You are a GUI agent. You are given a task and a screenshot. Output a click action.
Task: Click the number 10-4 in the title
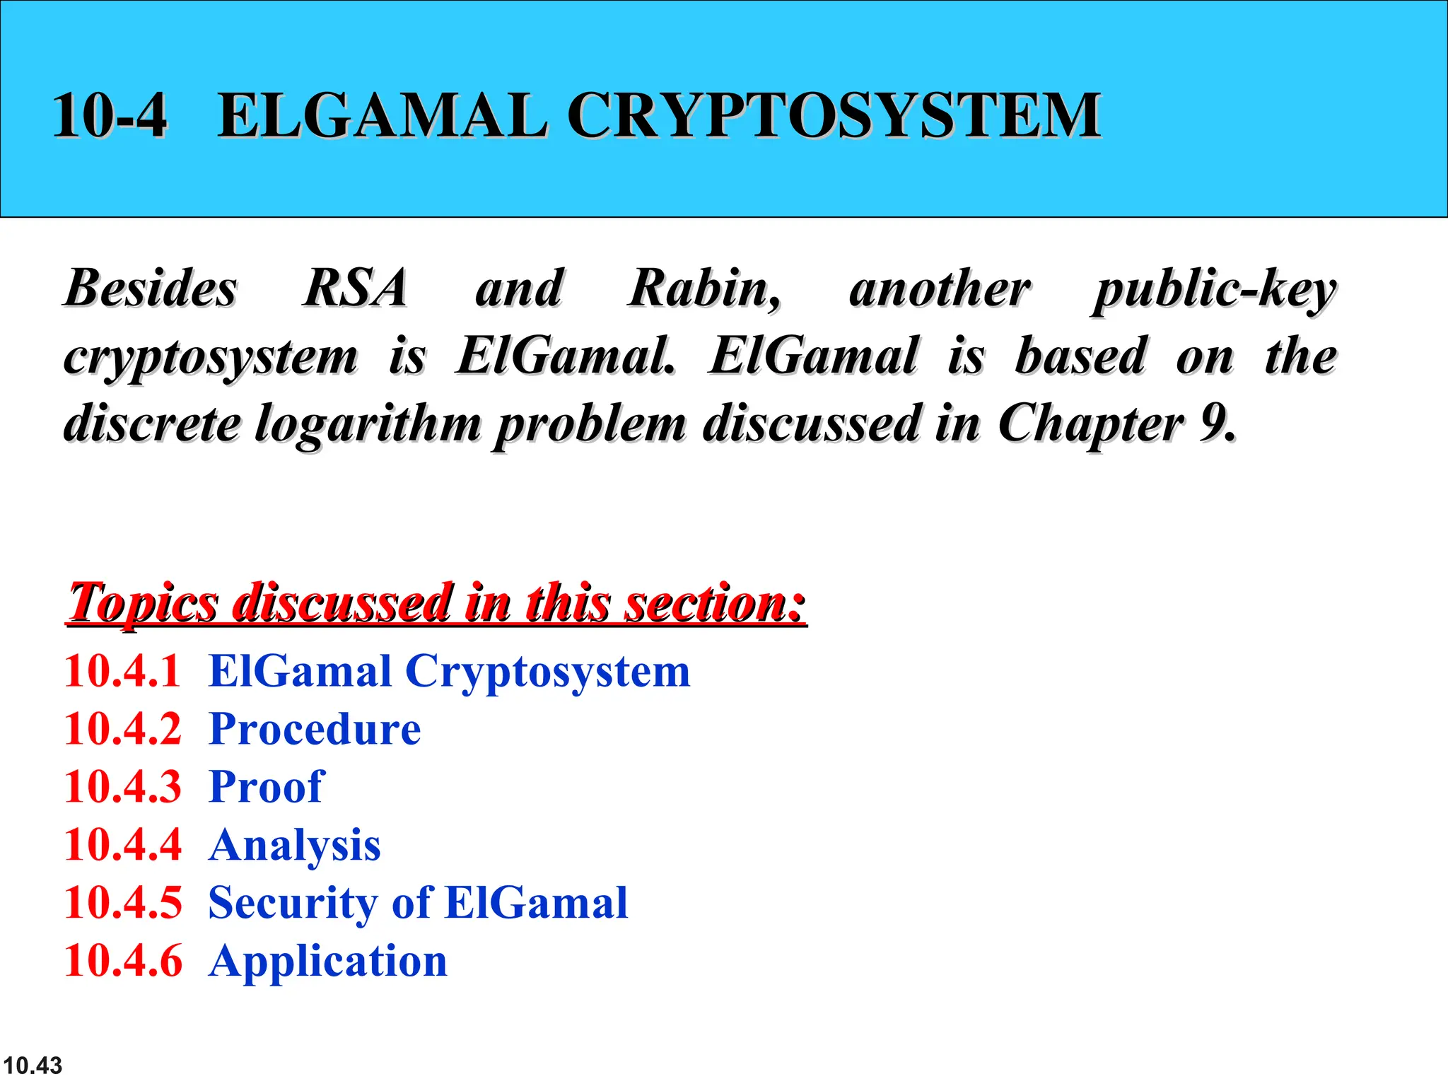[x=110, y=115]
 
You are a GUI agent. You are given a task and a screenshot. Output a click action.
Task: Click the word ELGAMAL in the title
[x=382, y=115]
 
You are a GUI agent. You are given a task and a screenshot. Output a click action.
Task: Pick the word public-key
[x=1214, y=290]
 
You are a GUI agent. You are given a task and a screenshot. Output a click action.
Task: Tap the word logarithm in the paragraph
[x=368, y=424]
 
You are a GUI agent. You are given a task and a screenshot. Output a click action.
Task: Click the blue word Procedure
[x=315, y=729]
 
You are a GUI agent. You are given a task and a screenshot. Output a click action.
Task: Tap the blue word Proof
[x=267, y=787]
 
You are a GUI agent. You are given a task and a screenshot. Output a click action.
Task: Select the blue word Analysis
[x=295, y=845]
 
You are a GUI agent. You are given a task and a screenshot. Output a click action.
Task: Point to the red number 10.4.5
[x=122, y=903]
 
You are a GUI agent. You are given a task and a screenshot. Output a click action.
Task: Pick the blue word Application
[x=328, y=962]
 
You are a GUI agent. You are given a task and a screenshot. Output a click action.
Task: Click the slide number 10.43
[x=33, y=1065]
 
